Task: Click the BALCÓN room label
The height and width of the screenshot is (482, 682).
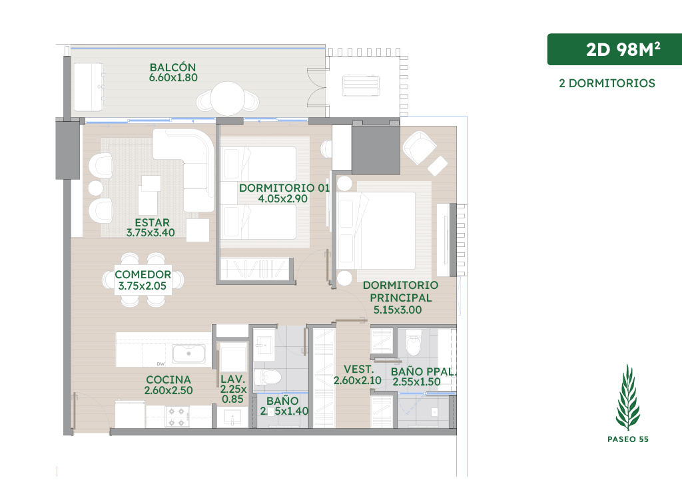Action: tap(172, 67)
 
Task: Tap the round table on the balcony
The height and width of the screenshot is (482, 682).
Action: tap(227, 98)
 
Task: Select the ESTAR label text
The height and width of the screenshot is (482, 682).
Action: tap(153, 222)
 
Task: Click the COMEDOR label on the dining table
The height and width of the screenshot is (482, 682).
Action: tap(143, 274)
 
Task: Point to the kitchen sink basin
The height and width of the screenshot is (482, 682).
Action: tap(188, 354)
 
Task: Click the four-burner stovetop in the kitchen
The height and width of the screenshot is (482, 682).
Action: tap(177, 416)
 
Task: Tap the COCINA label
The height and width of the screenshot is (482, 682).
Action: tap(169, 379)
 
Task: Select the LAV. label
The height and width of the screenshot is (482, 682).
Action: tap(232, 379)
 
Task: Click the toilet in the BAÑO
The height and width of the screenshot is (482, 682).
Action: tap(268, 377)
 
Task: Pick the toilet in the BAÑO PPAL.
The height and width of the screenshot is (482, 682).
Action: tap(413, 343)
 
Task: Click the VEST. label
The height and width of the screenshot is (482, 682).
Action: tap(359, 369)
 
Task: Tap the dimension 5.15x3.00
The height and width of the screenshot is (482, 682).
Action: tap(398, 310)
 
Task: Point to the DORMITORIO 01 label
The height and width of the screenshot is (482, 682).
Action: tap(284, 188)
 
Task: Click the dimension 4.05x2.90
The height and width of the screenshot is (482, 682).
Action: tap(282, 198)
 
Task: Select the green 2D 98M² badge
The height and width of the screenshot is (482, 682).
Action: tap(614, 49)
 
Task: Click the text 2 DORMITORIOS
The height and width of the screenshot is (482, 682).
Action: tap(607, 83)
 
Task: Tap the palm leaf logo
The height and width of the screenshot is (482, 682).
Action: tap(627, 397)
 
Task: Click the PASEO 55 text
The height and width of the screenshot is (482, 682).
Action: tap(628, 439)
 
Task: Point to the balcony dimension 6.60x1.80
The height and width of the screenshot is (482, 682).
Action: tap(173, 78)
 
